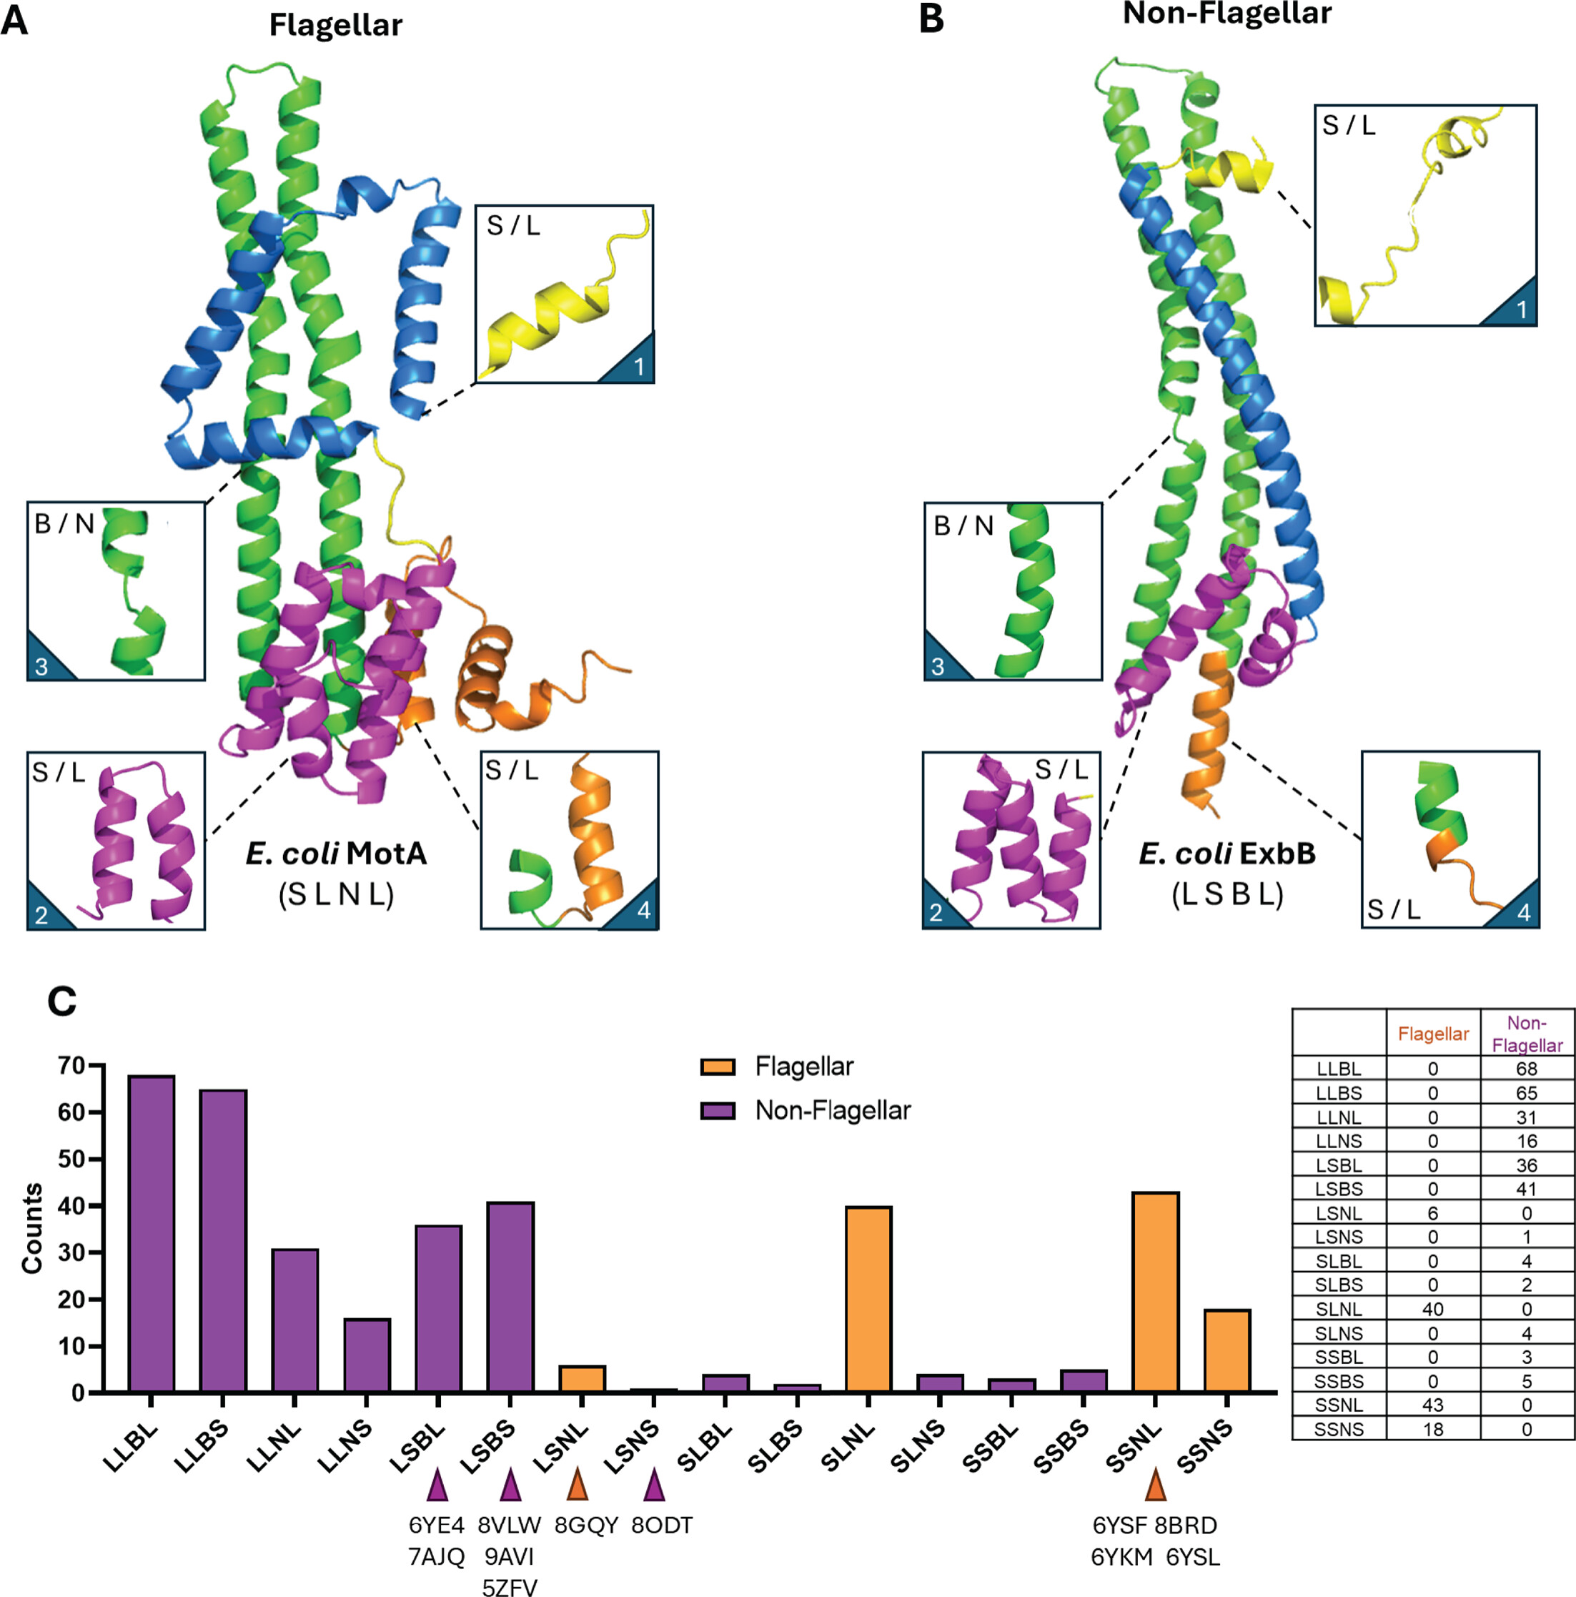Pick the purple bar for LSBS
[x=510, y=1297]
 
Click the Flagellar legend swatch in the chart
[x=718, y=1067]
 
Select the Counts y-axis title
[x=32, y=1228]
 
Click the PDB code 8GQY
[x=586, y=1525]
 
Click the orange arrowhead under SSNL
[x=1155, y=1485]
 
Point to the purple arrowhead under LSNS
[x=654, y=1485]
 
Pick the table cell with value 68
[x=1527, y=1068]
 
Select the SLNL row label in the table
[x=1338, y=1310]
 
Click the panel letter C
[x=62, y=1002]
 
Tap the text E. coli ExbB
[x=1226, y=853]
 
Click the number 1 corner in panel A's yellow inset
[x=638, y=366]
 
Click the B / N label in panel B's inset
[x=963, y=525]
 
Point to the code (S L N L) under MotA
[x=337, y=894]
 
